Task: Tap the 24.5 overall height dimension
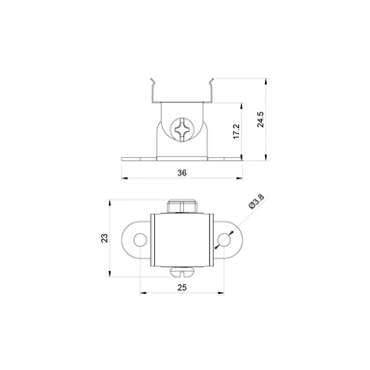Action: pyautogui.click(x=259, y=119)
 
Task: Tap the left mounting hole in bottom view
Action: pyautogui.click(x=142, y=240)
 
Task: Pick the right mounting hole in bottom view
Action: pyautogui.click(x=227, y=240)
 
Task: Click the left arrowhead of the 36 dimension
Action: pyautogui.click(x=126, y=180)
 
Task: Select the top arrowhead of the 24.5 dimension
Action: pyautogui.click(x=266, y=80)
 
